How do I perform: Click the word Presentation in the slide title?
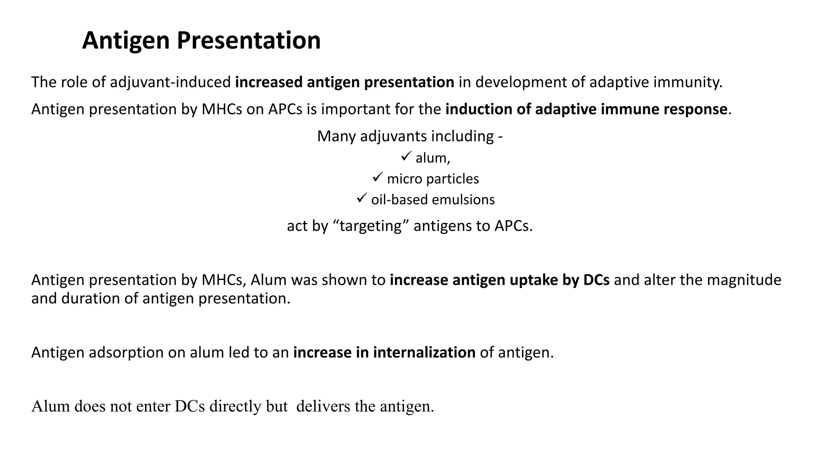[x=248, y=41]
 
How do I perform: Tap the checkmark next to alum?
[x=406, y=156]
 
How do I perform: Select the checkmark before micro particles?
[x=378, y=177]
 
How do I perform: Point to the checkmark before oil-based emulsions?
[x=362, y=198]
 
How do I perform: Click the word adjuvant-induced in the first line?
[x=170, y=82]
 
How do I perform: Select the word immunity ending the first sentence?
[x=688, y=82]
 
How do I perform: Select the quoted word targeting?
[x=370, y=226]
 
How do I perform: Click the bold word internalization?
[x=424, y=353]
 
